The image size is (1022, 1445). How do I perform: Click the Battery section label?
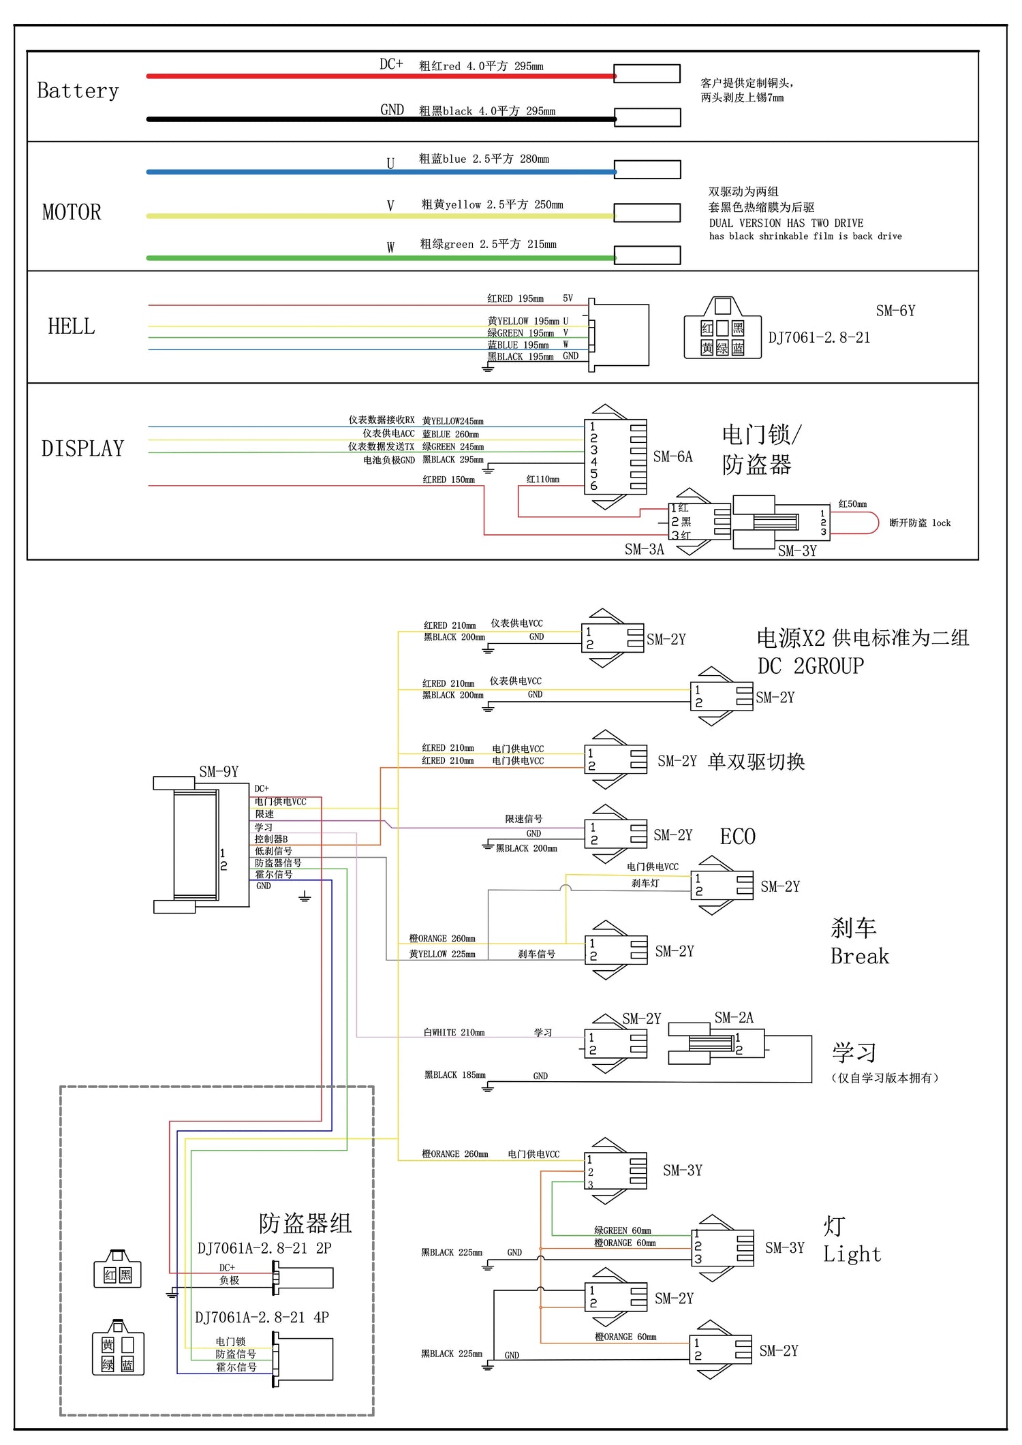click(x=78, y=91)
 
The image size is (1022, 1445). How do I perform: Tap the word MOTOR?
click(x=72, y=212)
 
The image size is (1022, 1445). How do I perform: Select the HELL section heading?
click(x=72, y=326)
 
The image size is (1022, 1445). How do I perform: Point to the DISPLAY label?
click(x=82, y=448)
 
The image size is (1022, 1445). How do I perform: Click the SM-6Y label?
click(x=895, y=311)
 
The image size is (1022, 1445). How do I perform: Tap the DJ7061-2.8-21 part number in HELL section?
click(x=819, y=337)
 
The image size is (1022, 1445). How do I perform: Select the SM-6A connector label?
click(x=672, y=456)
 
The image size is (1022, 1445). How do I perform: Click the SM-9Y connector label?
click(x=219, y=771)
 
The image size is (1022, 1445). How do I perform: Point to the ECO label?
click(x=737, y=836)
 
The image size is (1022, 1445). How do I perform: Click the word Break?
click(x=859, y=956)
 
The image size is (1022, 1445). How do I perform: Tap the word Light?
click(x=852, y=1254)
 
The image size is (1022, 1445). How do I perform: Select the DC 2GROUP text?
click(x=811, y=666)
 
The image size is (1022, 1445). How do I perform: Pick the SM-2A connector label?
click(x=734, y=1017)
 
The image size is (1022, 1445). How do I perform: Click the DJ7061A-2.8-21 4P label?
click(x=262, y=1317)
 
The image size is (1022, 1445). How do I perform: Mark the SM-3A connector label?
click(x=644, y=549)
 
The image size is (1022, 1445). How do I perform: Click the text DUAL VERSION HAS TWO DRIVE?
click(x=786, y=223)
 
